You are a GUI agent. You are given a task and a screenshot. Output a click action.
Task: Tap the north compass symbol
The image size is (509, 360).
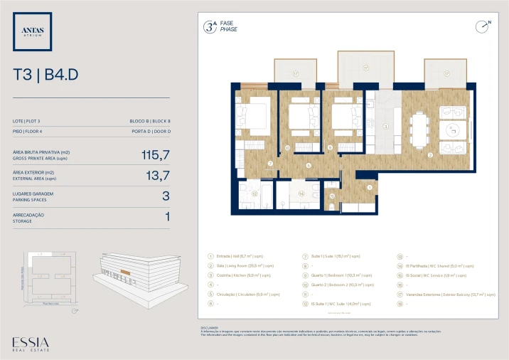(483, 26)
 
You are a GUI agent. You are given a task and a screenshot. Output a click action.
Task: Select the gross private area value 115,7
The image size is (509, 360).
(156, 154)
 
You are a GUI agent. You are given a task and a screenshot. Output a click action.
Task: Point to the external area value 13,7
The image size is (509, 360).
(157, 174)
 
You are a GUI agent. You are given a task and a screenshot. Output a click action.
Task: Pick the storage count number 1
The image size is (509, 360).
(167, 216)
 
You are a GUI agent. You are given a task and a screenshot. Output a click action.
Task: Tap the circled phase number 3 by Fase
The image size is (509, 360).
(209, 27)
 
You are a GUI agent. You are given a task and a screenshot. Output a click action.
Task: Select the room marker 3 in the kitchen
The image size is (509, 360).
(385, 127)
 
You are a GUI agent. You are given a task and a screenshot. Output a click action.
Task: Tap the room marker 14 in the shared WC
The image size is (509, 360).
(301, 193)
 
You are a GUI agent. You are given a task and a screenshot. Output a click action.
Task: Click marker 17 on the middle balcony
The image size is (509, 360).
(365, 69)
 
